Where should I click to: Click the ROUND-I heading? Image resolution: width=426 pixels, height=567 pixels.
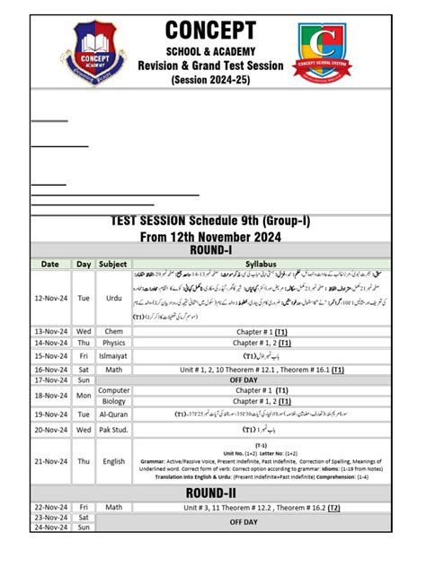pos(212,250)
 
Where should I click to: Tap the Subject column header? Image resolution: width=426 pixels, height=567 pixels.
pos(113,265)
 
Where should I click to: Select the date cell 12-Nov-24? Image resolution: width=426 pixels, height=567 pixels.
pos(50,299)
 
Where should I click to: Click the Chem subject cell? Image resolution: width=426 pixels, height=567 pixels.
pos(113,331)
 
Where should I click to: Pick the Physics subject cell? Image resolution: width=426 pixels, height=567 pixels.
pos(113,343)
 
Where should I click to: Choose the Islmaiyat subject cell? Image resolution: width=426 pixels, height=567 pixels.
pos(113,356)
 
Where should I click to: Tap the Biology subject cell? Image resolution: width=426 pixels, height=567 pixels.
pos(113,401)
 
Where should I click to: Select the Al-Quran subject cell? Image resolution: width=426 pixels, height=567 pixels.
pos(113,414)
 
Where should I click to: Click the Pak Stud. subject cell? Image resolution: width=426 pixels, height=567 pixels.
pos(113,430)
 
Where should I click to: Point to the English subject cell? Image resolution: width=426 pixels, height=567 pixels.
pos(113,462)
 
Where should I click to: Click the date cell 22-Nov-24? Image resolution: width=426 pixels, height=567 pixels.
pos(50,507)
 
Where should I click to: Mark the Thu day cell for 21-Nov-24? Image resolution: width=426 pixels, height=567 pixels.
pos(84,462)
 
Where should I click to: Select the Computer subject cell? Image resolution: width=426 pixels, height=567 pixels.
pos(113,390)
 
